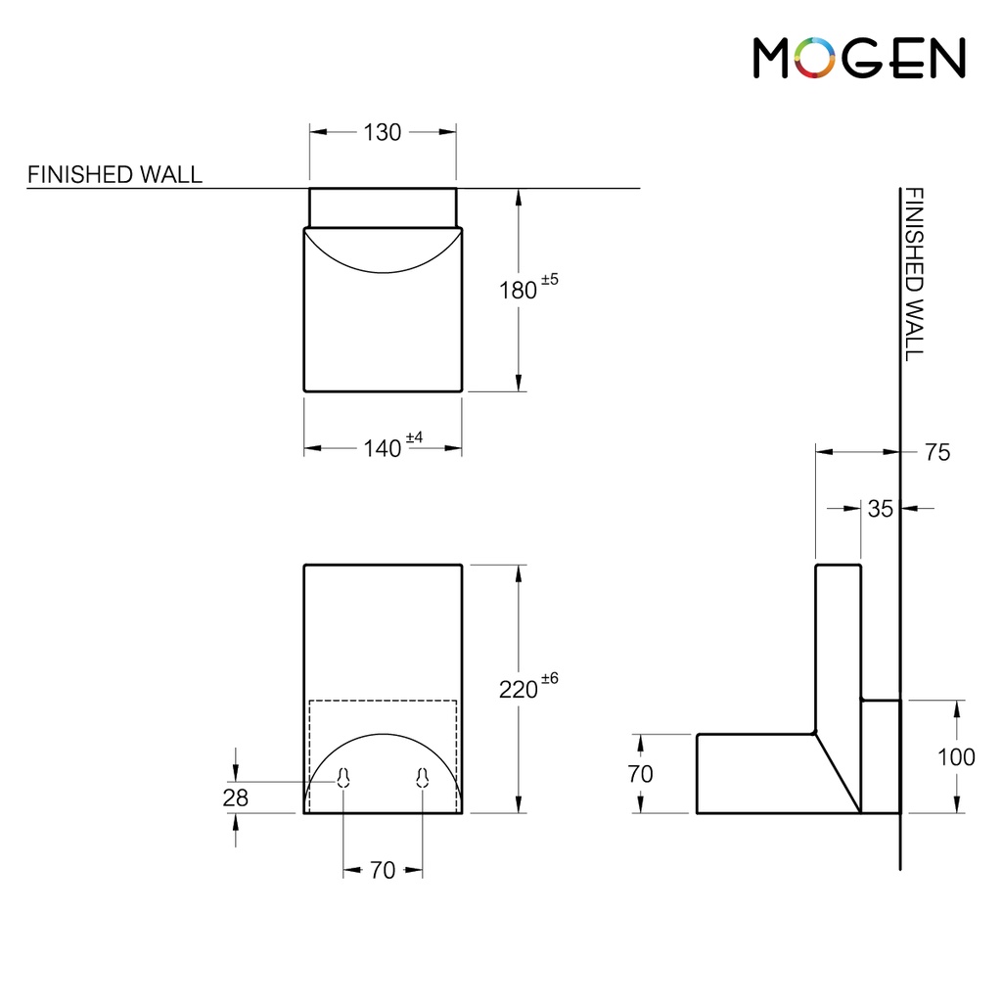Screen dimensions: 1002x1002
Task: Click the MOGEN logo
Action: tap(859, 59)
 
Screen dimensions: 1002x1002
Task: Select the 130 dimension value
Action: tap(383, 132)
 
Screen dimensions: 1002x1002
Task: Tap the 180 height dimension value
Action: tap(518, 290)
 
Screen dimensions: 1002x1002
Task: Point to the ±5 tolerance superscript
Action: tap(549, 280)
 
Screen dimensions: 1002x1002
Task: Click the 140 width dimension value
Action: tap(383, 448)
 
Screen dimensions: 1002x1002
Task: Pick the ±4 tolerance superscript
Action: tap(414, 438)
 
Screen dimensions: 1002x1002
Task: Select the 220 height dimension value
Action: tap(518, 689)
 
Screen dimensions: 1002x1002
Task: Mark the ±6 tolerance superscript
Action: tap(549, 679)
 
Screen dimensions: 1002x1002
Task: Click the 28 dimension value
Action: tap(235, 797)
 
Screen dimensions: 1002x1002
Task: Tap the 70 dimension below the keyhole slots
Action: tap(383, 870)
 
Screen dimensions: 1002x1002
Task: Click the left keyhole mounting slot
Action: tap(343, 777)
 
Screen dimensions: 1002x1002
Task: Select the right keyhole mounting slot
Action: tap(422, 777)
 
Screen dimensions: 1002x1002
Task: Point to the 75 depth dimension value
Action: tap(936, 452)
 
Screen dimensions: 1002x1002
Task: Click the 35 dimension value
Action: tap(880, 508)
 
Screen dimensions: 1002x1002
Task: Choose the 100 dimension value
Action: tap(955, 756)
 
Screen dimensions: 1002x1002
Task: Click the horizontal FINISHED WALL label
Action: tap(114, 174)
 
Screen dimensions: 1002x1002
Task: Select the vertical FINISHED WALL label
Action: tap(912, 274)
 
